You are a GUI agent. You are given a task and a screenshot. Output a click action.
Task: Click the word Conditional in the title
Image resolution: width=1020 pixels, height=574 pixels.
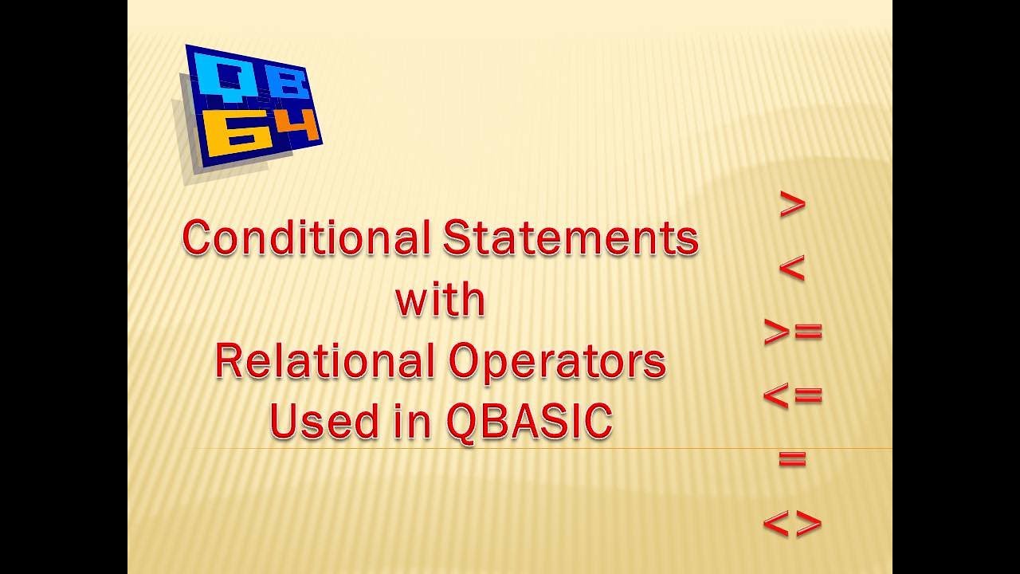308,238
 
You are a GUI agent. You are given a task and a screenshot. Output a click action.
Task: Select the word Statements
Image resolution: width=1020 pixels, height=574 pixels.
571,238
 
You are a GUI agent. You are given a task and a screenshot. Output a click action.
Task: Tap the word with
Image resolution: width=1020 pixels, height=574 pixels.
440,300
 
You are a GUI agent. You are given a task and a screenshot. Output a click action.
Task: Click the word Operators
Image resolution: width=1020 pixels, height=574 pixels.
556,361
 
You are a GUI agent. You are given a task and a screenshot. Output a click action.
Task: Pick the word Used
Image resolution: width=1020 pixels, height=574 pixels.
313,422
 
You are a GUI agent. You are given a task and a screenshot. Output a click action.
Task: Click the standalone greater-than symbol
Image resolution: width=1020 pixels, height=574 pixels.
792,206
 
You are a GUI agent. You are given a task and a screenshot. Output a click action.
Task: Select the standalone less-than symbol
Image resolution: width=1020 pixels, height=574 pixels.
792,269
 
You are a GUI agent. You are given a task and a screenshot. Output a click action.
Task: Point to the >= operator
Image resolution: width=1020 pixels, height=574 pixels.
792,332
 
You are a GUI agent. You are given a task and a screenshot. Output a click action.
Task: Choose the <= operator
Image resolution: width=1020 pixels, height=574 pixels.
792,395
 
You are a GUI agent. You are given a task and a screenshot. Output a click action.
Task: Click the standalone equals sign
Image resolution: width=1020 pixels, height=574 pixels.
792,459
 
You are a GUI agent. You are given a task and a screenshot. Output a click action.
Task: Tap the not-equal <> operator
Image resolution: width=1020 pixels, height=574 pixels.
792,524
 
